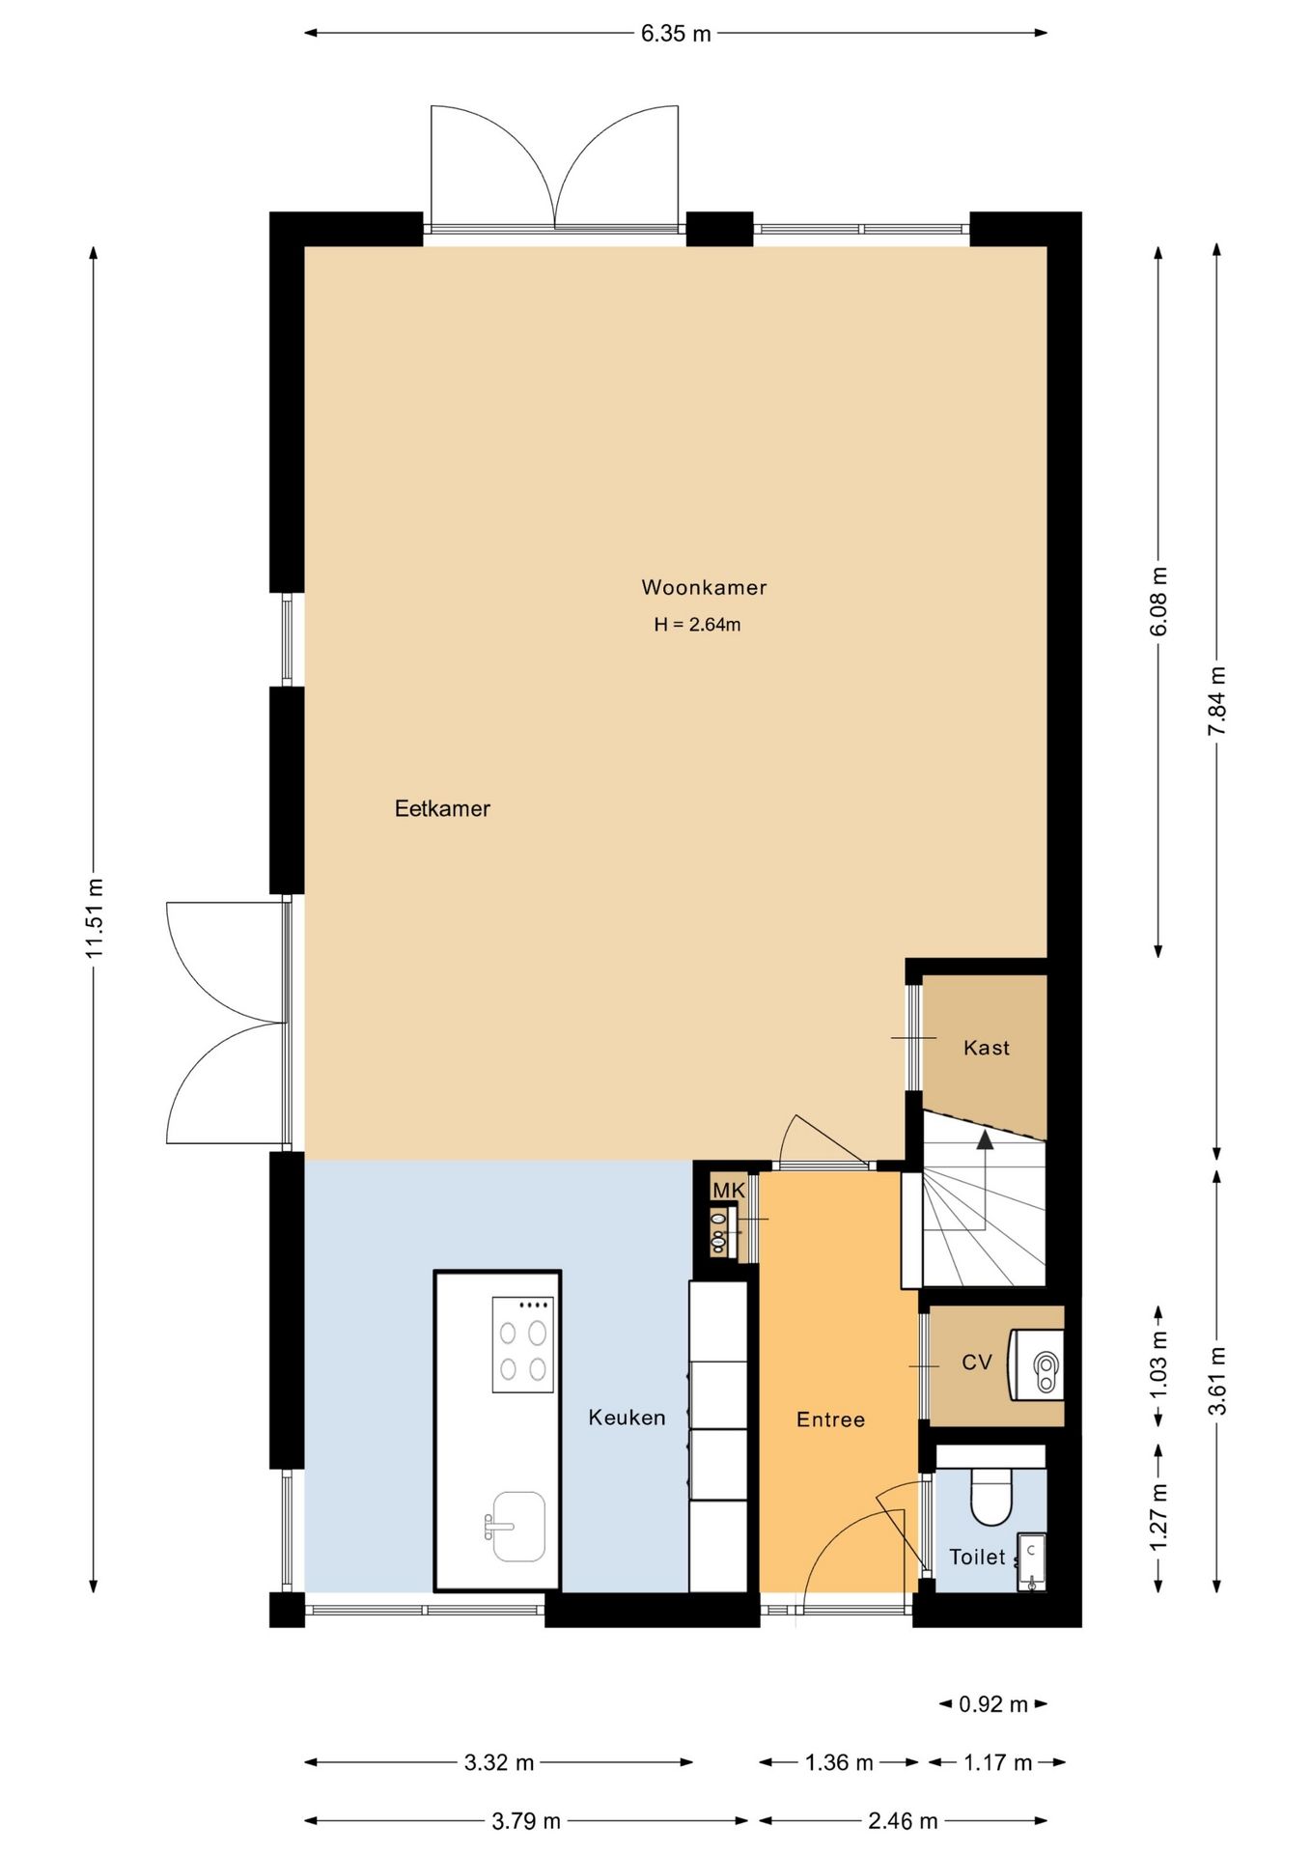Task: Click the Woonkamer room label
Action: [704, 587]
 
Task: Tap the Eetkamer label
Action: [442, 808]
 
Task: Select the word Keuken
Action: [627, 1418]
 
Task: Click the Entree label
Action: [830, 1419]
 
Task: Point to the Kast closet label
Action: [987, 1048]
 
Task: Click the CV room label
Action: [977, 1362]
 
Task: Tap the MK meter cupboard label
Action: [729, 1191]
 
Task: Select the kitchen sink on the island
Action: [518, 1526]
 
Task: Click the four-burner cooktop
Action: [523, 1344]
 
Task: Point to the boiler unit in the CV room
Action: [1036, 1364]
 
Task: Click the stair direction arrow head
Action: [985, 1140]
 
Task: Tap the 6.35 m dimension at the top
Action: [676, 34]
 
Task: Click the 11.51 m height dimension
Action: [94, 918]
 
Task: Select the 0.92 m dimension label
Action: [993, 1704]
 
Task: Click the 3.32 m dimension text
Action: [499, 1762]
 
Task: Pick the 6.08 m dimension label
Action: [1159, 601]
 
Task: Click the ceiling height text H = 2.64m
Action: [697, 625]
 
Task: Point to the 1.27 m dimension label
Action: [1159, 1517]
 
